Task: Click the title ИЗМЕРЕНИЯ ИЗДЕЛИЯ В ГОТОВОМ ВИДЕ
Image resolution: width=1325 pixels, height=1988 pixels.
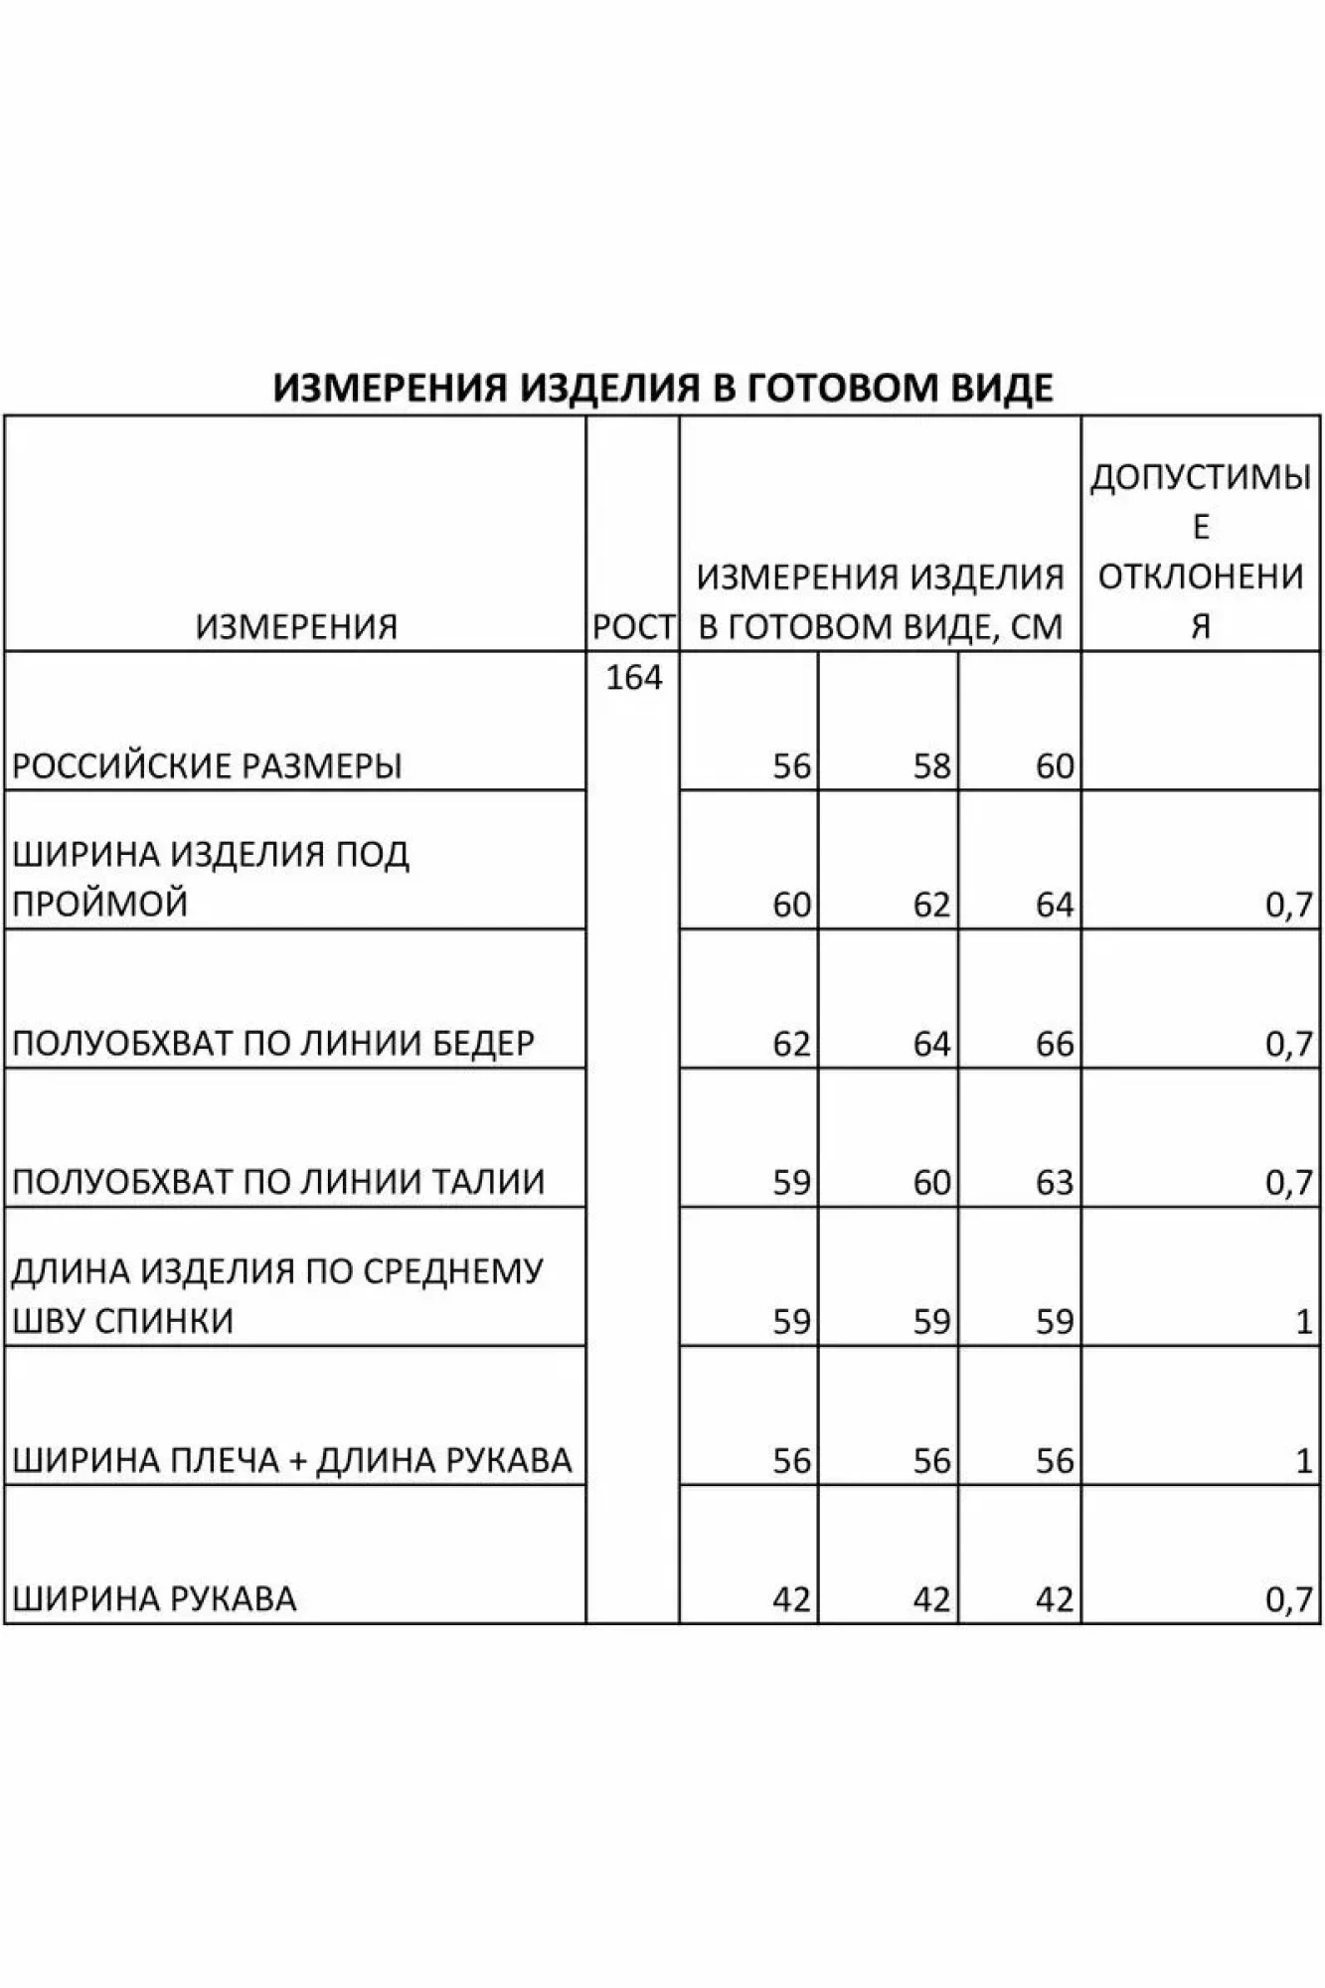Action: click(663, 387)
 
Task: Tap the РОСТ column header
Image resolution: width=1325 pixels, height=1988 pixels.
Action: click(633, 626)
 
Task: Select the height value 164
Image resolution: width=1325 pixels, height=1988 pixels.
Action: click(633, 678)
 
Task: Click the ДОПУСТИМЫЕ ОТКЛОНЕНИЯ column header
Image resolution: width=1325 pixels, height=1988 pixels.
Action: click(1201, 552)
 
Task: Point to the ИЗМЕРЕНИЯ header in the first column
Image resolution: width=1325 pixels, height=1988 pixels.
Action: click(296, 626)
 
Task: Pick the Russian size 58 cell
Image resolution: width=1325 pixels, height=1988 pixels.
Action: click(931, 766)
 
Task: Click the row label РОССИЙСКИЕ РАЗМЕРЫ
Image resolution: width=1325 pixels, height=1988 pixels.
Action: click(208, 766)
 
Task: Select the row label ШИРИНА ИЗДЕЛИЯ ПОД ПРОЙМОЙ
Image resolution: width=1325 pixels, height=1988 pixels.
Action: click(211, 879)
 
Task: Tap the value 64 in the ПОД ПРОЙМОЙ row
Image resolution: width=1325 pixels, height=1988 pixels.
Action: click(1054, 906)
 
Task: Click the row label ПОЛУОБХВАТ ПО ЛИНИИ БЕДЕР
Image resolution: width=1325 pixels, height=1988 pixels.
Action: click(273, 1044)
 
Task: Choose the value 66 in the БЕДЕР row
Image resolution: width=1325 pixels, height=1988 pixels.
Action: click(1054, 1044)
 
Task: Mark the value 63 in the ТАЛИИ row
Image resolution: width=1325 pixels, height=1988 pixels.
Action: click(1054, 1183)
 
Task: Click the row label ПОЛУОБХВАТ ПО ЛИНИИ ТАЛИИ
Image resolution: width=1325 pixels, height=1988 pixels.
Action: click(278, 1183)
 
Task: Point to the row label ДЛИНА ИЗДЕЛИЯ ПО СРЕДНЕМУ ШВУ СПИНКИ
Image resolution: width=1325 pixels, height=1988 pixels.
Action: click(277, 1296)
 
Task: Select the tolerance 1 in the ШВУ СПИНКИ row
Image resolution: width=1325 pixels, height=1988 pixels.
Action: click(1304, 1322)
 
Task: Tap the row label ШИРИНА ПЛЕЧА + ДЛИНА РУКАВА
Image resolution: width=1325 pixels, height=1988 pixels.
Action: click(292, 1460)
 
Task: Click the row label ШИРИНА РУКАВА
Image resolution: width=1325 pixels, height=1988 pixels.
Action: click(154, 1599)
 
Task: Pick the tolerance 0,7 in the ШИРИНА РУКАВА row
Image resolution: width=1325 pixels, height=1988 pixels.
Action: click(1289, 1599)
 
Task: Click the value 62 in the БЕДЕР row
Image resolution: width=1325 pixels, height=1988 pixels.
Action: click(791, 1044)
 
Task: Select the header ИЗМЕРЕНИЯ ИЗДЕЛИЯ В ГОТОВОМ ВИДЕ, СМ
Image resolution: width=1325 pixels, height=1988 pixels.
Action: click(881, 601)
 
